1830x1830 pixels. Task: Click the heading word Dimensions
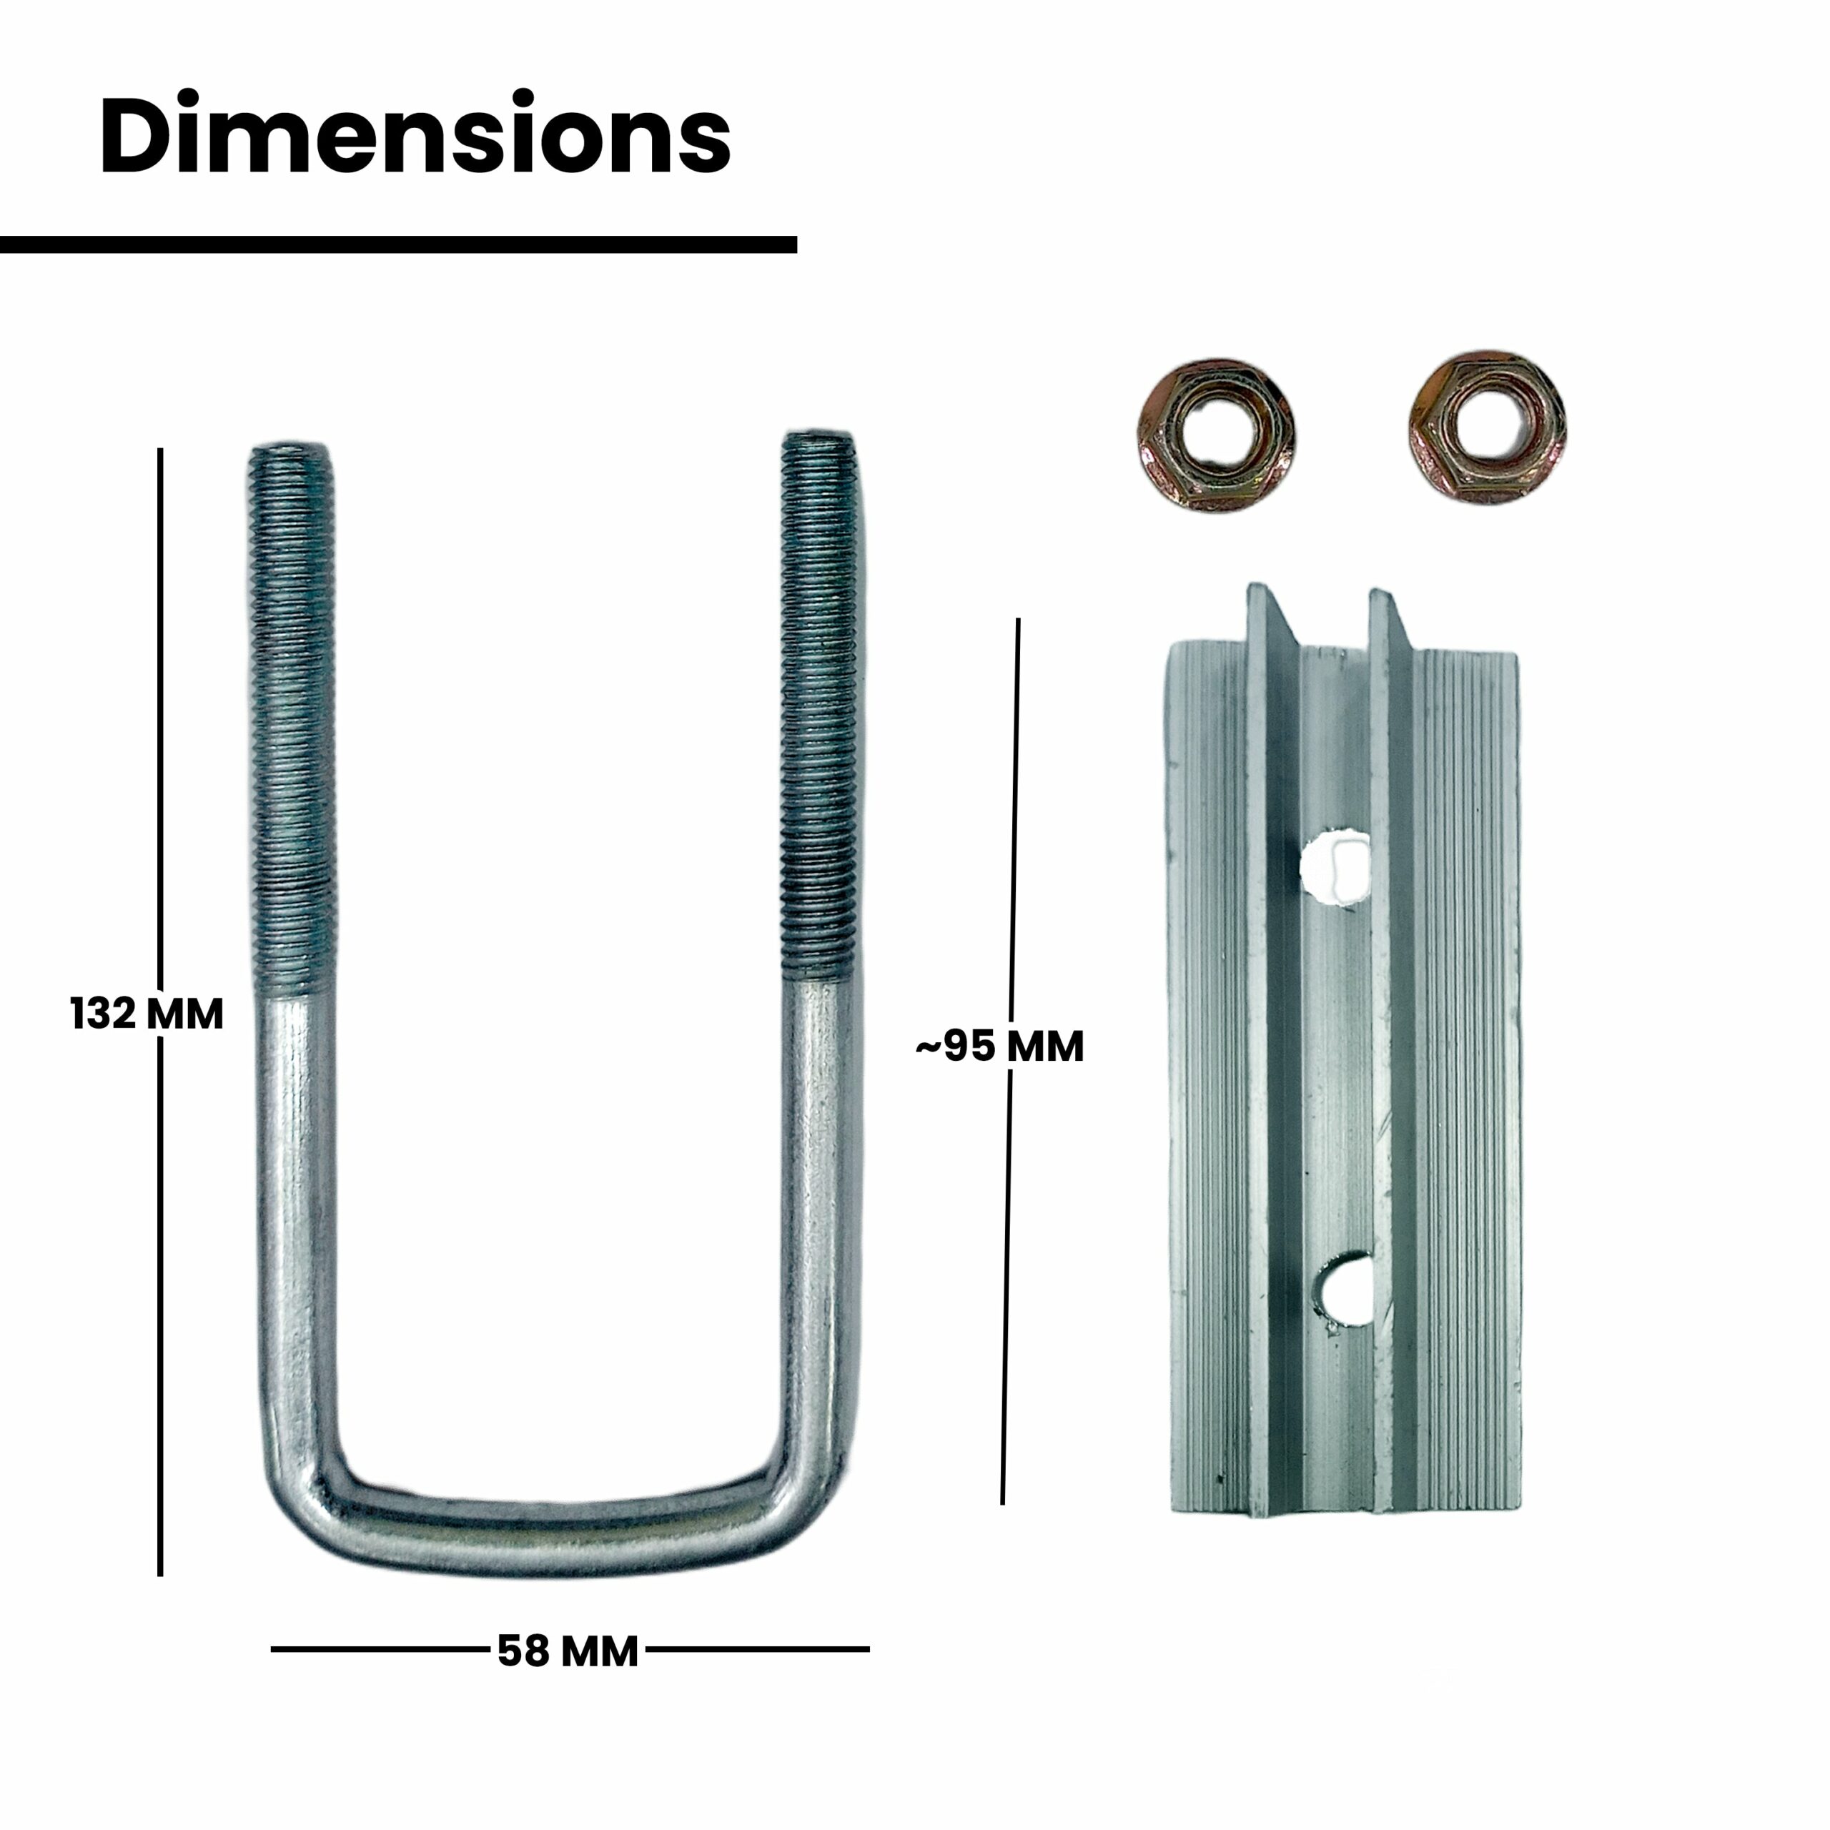click(415, 134)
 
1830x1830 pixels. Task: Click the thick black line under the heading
click(398, 244)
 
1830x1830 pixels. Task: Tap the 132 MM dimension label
click(147, 1014)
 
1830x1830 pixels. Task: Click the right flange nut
click(1485, 427)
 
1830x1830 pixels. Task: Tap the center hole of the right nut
click(1486, 426)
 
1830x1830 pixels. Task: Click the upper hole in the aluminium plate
click(1335, 866)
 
